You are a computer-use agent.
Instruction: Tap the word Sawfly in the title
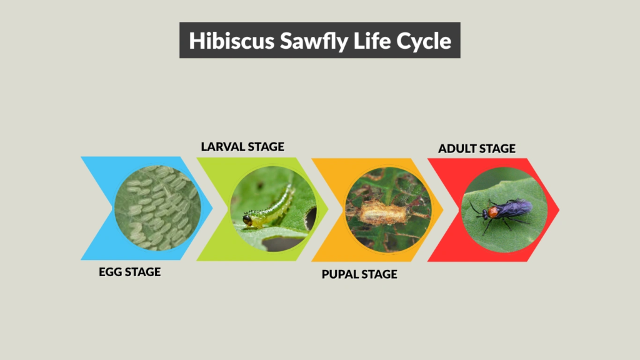[295, 41]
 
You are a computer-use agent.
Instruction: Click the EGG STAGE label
[129, 272]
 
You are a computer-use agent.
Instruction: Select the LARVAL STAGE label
[242, 147]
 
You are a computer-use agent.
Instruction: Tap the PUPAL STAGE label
[359, 274]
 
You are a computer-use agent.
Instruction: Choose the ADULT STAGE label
[477, 149]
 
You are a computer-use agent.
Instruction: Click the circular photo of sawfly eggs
[157, 208]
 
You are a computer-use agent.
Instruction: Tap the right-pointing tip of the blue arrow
[211, 209]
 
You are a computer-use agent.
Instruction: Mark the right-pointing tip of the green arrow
[327, 209]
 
